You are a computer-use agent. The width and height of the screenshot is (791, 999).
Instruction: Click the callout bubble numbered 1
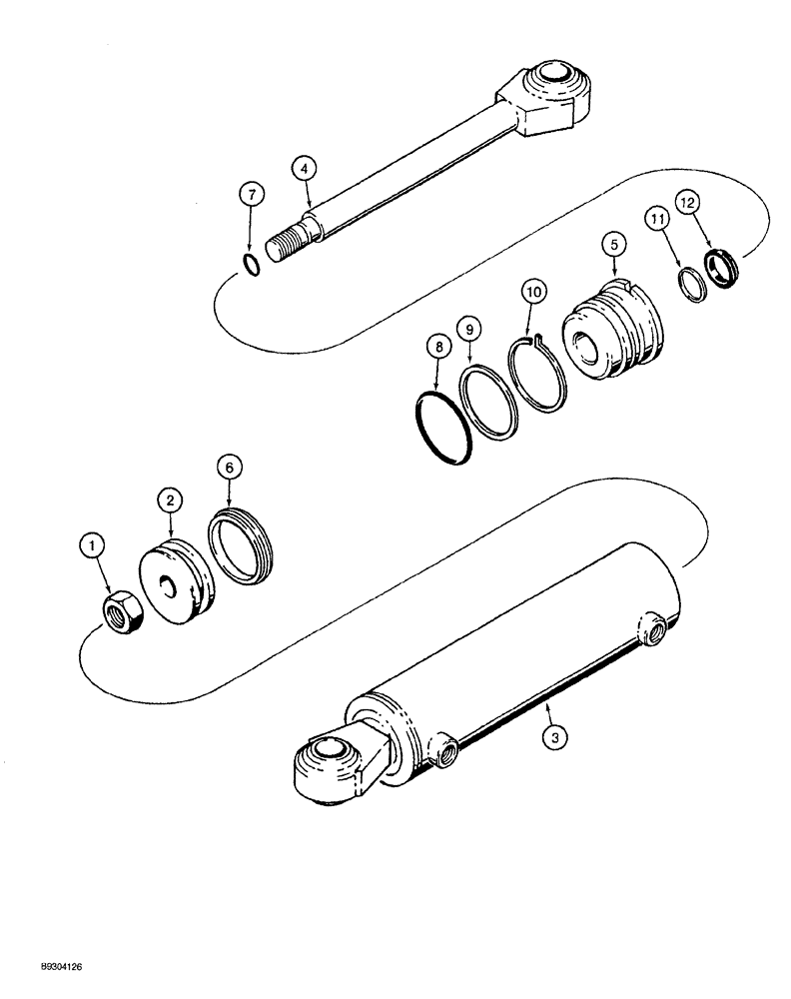(93, 546)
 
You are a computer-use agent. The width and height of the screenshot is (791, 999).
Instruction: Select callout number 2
(170, 497)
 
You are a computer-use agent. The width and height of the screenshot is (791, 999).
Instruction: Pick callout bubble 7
(251, 194)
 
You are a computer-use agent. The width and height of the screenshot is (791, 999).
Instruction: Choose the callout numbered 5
(611, 243)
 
